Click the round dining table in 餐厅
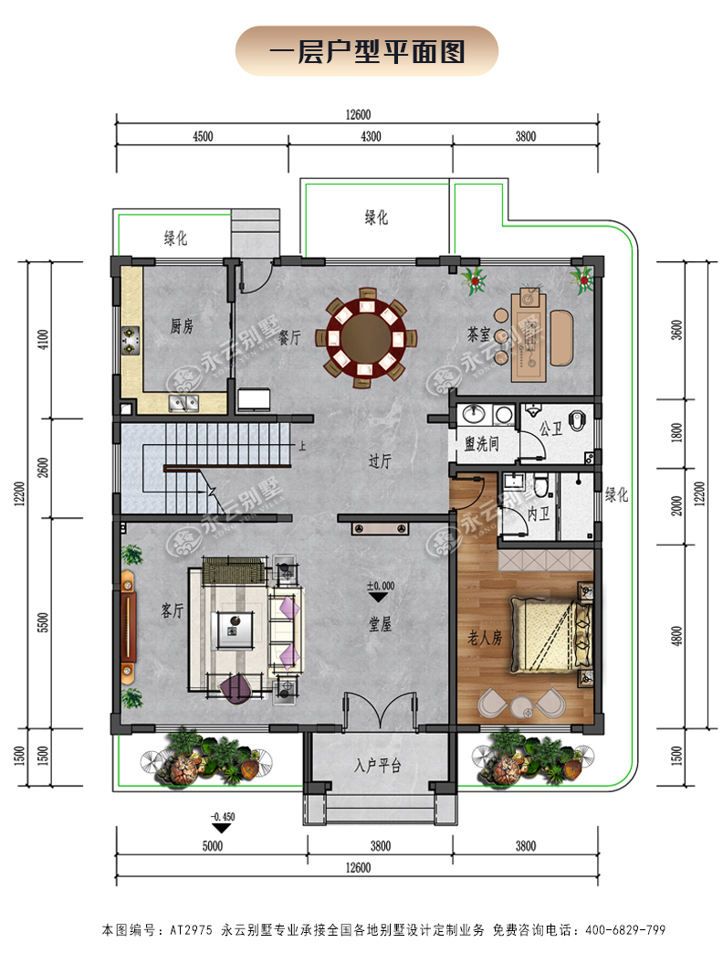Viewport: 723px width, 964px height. coord(366,337)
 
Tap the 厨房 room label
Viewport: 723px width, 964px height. coord(182,326)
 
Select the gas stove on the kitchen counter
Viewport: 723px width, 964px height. coord(131,340)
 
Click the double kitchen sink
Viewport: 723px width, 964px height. coord(183,403)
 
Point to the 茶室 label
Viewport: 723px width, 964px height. coord(478,334)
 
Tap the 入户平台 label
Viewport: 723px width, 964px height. coord(377,766)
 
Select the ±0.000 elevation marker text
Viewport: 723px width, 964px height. coord(381,586)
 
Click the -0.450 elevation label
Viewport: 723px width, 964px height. coord(223,817)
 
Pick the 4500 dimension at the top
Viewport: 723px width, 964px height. coord(203,136)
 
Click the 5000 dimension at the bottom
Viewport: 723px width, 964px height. coord(213,846)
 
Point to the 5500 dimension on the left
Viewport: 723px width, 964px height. coord(42,622)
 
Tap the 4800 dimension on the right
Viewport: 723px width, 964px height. coord(676,636)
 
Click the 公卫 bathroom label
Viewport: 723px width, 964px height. coord(550,428)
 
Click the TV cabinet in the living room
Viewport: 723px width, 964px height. coord(128,627)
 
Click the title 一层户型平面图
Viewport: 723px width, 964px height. coord(367,52)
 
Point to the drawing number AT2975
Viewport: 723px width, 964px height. coord(191,929)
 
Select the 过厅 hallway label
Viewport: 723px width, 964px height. coord(379,461)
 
